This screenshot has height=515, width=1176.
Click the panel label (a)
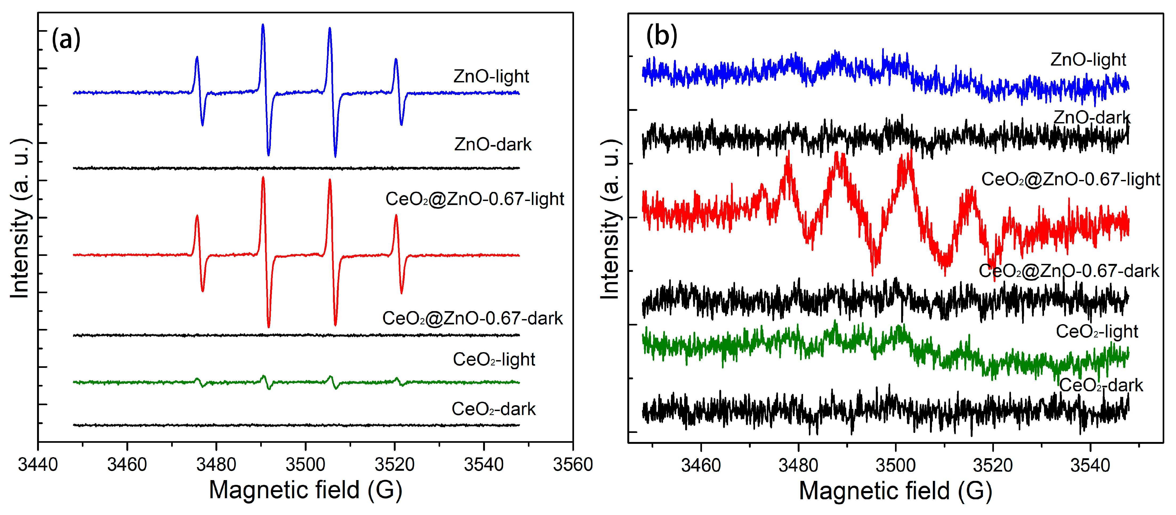66,39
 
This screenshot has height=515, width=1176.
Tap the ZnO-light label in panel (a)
491,76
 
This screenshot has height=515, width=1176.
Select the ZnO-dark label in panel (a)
493,144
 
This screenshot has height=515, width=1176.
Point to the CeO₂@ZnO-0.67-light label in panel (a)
475,199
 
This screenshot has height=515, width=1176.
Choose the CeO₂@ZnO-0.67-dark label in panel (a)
472,318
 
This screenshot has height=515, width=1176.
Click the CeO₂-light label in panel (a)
493,359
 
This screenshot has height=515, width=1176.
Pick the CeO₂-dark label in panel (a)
493,409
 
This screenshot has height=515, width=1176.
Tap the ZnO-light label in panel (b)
1088,59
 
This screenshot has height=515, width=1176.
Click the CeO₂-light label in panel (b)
1097,331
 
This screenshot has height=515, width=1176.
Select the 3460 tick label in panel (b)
701,465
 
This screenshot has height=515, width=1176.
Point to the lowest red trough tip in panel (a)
268,327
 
